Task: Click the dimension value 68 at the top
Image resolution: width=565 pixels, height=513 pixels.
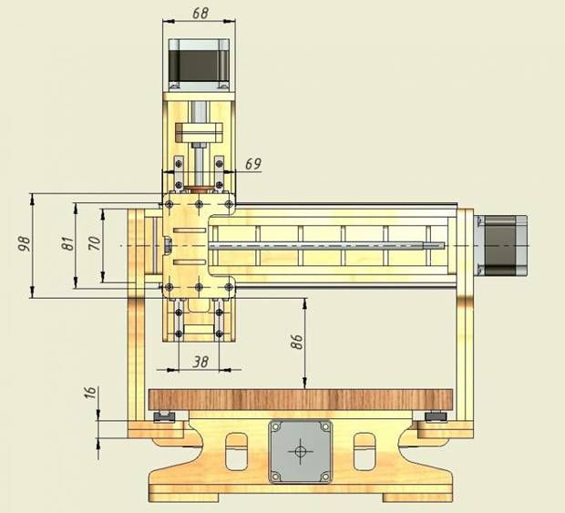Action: pyautogui.click(x=200, y=13)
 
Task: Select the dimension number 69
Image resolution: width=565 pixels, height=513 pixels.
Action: pyautogui.click(x=253, y=164)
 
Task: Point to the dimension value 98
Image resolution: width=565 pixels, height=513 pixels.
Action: pyautogui.click(x=24, y=244)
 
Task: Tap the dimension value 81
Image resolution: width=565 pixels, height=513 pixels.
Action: pyautogui.click(x=67, y=243)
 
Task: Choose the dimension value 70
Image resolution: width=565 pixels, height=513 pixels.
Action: pyautogui.click(x=94, y=243)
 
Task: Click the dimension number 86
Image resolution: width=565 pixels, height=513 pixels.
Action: pyautogui.click(x=296, y=342)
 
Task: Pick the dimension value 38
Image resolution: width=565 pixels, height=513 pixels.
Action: pyautogui.click(x=200, y=362)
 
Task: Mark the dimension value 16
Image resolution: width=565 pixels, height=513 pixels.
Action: pyautogui.click(x=90, y=393)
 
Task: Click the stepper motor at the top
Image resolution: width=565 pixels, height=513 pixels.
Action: pyautogui.click(x=199, y=64)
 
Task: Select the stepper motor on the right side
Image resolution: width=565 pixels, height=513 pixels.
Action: pyautogui.click(x=501, y=245)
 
